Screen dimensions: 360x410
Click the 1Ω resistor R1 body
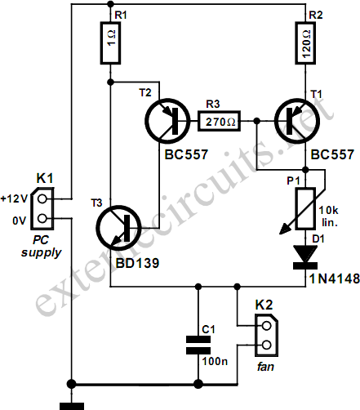click(110, 43)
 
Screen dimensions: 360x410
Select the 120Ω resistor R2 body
click(305, 43)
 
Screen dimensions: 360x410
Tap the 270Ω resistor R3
click(219, 121)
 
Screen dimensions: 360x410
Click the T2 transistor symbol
click(167, 121)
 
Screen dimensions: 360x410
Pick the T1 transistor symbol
click(297, 121)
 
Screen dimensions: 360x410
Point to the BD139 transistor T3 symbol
click(118, 228)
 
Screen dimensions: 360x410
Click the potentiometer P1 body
click(306, 208)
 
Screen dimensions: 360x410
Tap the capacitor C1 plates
click(198, 345)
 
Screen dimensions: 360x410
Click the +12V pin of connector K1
click(42, 199)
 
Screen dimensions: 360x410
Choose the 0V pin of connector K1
click(42, 218)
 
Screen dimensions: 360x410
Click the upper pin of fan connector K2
click(267, 326)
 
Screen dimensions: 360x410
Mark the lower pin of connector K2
click(267, 345)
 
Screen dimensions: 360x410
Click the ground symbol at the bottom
click(72, 407)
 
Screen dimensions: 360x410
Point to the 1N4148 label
click(335, 279)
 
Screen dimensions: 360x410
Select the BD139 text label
click(137, 263)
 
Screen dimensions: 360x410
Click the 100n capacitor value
click(215, 362)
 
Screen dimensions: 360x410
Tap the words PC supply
click(42, 247)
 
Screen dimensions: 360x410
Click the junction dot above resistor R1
click(110, 4)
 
